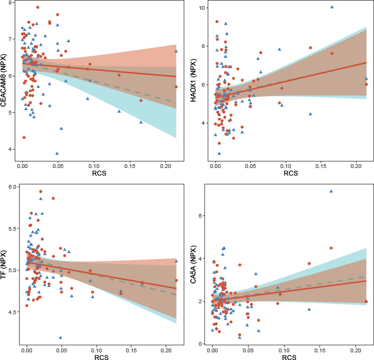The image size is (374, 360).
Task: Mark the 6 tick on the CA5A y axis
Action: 202,216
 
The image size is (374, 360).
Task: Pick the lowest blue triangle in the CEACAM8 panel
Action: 57,153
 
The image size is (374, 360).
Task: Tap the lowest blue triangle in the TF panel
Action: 61,338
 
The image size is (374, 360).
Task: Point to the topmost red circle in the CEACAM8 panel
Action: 38,8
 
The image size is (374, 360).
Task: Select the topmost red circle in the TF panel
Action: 41,191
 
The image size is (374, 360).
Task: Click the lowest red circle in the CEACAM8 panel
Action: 24,137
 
